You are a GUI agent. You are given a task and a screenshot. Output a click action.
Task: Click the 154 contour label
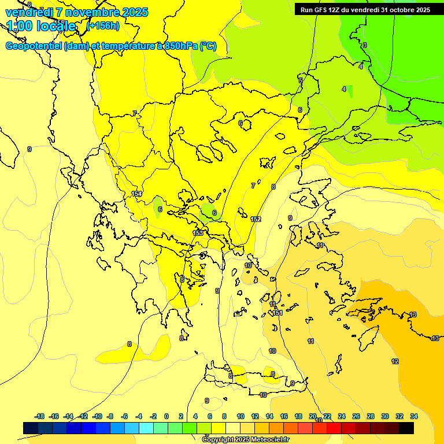(136, 194)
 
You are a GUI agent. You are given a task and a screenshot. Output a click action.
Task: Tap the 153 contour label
(198, 233)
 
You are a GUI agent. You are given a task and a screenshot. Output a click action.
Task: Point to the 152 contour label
(256, 219)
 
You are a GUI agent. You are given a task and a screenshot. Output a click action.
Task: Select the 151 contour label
(277, 313)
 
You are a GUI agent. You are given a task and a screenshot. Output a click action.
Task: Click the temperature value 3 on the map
(365, 45)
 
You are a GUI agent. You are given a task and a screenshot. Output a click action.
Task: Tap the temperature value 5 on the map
(301, 80)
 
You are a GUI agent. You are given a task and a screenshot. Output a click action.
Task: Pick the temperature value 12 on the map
(395, 361)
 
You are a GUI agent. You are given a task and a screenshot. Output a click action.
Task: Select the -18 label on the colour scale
(40, 416)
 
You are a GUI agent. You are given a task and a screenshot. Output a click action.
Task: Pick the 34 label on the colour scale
(414, 416)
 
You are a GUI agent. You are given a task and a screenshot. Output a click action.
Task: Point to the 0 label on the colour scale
(166, 416)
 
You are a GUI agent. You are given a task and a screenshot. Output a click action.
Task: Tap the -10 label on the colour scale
(97, 416)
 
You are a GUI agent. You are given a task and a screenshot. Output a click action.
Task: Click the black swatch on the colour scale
(406, 428)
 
